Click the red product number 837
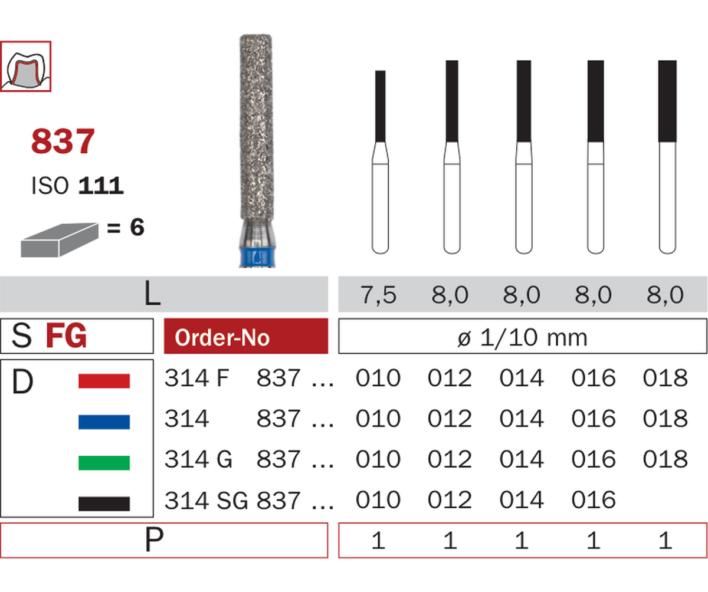pyautogui.click(x=63, y=141)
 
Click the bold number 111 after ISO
pyautogui.click(x=101, y=186)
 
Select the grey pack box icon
pyautogui.click(x=60, y=239)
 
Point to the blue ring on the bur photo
pyautogui.click(x=257, y=257)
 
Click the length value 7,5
pyautogui.click(x=378, y=294)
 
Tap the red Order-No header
pyautogui.click(x=246, y=336)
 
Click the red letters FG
pyautogui.click(x=66, y=336)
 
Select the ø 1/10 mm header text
pyautogui.click(x=522, y=337)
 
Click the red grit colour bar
pyautogui.click(x=104, y=381)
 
